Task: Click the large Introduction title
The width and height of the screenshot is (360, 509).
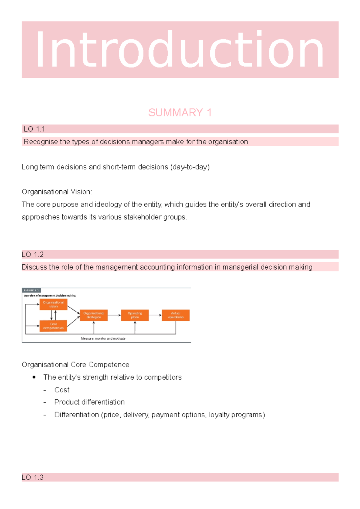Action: click(180, 49)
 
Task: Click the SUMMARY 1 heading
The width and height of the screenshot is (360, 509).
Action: click(180, 113)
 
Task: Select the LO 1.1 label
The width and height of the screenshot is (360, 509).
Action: click(34, 129)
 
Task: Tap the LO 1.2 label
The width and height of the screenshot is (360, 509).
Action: click(33, 255)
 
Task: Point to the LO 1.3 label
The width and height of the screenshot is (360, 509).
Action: click(33, 477)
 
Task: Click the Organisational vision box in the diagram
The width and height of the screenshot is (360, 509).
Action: click(53, 304)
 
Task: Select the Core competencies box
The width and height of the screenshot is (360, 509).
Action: click(53, 326)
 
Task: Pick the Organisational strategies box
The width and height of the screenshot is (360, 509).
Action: click(94, 315)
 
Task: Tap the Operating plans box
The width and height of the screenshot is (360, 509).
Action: click(135, 315)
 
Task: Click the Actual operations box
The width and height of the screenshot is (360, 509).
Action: click(176, 315)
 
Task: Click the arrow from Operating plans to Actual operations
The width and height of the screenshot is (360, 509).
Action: click(155, 315)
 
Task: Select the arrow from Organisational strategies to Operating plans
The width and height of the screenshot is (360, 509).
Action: click(114, 315)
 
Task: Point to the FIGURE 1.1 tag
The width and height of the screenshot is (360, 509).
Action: click(31, 290)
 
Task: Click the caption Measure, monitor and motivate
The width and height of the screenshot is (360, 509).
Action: click(103, 338)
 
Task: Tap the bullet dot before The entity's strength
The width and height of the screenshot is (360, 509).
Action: click(34, 377)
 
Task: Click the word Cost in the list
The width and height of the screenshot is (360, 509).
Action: click(62, 390)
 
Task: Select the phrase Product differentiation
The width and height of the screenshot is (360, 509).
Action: click(89, 402)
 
